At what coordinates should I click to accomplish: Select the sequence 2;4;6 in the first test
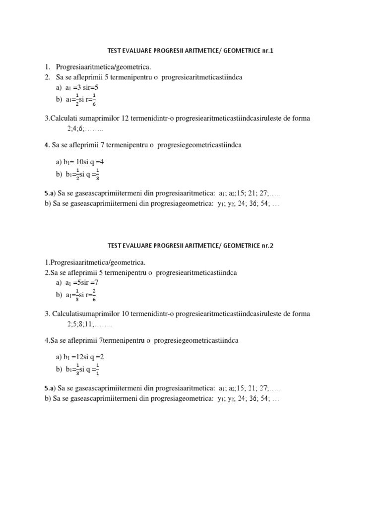76,129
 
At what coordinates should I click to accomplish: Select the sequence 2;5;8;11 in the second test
81,324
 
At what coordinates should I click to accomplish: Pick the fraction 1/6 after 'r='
94,100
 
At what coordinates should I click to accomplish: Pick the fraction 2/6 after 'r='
94,295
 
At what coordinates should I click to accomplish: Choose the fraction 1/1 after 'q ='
98,370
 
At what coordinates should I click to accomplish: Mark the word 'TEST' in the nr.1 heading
114,51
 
